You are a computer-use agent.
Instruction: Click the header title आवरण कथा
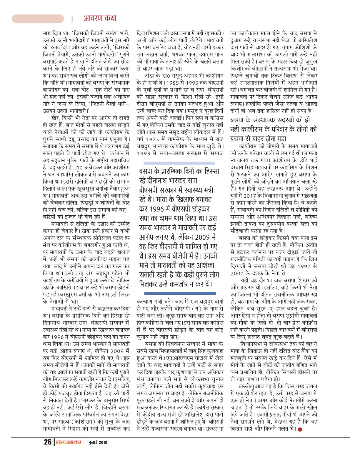tap(100, 18)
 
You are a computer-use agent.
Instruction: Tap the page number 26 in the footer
tap(47, 442)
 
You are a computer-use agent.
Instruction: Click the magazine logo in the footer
tap(68, 442)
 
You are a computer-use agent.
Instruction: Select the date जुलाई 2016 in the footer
tap(97, 442)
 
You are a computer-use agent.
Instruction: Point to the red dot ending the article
tap(300, 429)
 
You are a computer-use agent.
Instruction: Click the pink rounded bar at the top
tap(38, 19)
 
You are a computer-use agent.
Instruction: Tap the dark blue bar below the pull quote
tap(180, 293)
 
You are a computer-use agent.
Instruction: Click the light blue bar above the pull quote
tap(179, 163)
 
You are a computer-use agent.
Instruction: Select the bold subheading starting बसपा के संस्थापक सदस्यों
tap(274, 129)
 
